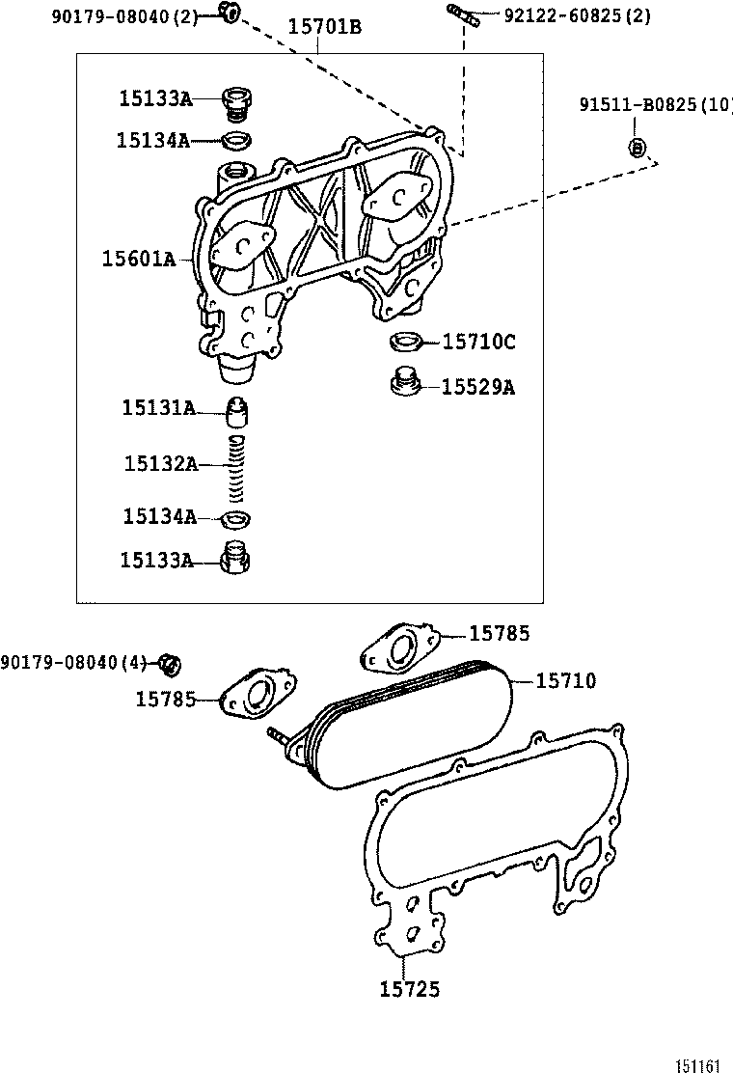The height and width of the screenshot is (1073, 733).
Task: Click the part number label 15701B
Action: pos(325,27)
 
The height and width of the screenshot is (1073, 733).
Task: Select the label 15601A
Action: pos(138,259)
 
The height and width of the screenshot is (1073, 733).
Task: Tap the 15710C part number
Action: pos(478,342)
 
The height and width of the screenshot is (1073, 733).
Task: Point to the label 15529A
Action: pos(478,387)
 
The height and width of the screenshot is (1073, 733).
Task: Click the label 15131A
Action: pos(158,408)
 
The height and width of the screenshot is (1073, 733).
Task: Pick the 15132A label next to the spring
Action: pos(160,464)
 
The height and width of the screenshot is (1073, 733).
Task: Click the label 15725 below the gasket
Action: pos(410,989)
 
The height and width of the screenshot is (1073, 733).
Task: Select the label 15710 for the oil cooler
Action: pos(565,681)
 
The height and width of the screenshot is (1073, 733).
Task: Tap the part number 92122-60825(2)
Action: pos(577,15)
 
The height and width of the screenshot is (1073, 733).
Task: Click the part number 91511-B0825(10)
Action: pos(656,104)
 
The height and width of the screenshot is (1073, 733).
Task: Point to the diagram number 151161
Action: pos(697,1065)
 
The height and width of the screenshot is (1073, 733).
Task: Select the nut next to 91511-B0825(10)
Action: pos(636,148)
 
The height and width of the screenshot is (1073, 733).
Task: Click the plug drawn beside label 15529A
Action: pos(404,382)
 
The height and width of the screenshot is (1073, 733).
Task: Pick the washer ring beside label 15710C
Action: pos(404,341)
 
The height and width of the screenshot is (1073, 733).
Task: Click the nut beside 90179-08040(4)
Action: pos(171,663)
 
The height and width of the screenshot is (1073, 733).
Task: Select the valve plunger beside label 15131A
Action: pos(238,415)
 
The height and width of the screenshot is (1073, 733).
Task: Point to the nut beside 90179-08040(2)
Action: pos(229,13)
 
